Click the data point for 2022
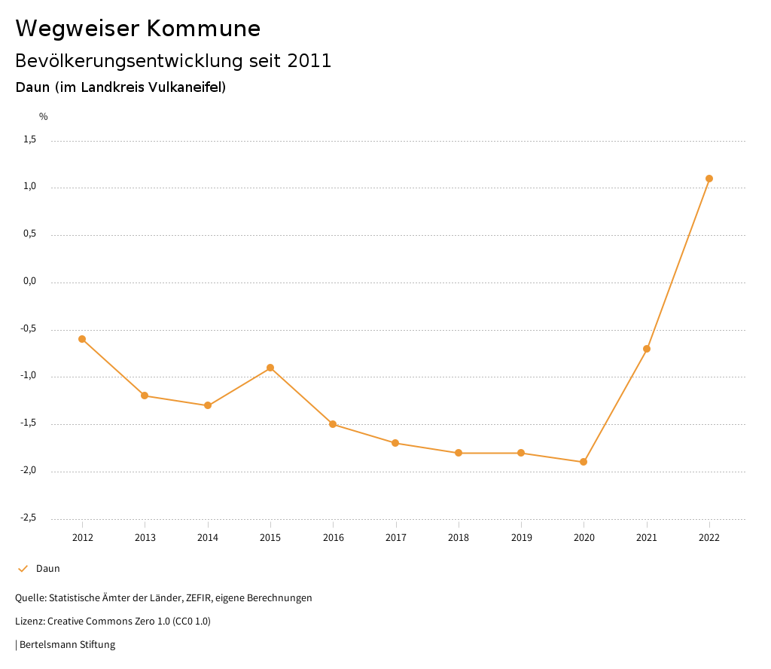tap(709, 179)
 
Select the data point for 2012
tap(82, 339)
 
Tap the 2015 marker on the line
tap(270, 368)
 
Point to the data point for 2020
tap(584, 462)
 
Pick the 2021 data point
tap(647, 349)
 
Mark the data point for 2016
tap(333, 424)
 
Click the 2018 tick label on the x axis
tap(459, 537)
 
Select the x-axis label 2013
tap(145, 537)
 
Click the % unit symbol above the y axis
tap(44, 117)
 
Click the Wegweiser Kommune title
tap(138, 29)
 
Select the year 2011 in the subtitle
tap(309, 61)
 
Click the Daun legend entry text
tap(48, 569)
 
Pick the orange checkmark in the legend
tap(23, 569)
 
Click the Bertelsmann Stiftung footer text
tap(67, 645)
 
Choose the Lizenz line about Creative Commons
tap(113, 622)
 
